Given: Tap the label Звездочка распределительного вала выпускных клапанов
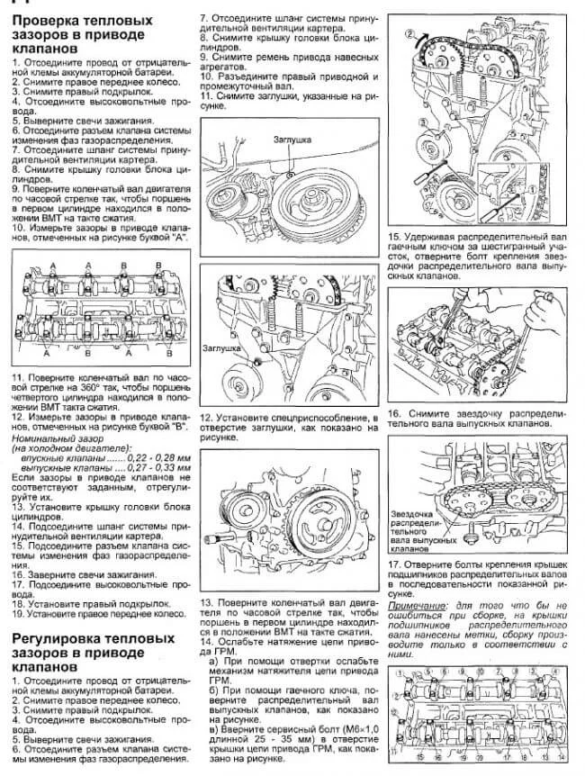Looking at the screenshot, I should click(423, 532).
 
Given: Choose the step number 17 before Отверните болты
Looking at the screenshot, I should click(394, 564).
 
